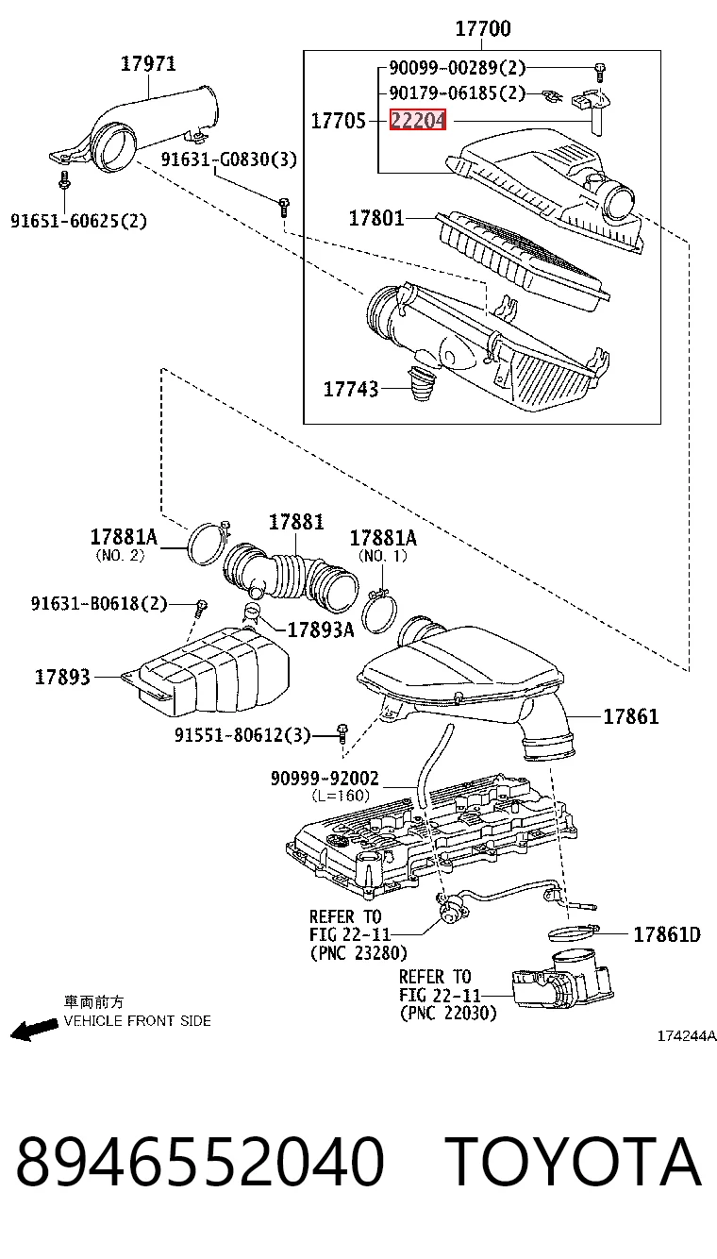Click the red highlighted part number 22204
418,120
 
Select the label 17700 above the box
483,28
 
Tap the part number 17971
148,63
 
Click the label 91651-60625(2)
78,220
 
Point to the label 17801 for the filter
376,218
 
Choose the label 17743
351,389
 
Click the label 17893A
321,630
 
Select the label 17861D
667,934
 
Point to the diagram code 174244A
687,1036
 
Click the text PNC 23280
365,953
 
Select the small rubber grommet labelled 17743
422,384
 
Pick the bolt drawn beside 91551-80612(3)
342,733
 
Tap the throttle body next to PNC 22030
562,981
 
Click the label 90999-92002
325,779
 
